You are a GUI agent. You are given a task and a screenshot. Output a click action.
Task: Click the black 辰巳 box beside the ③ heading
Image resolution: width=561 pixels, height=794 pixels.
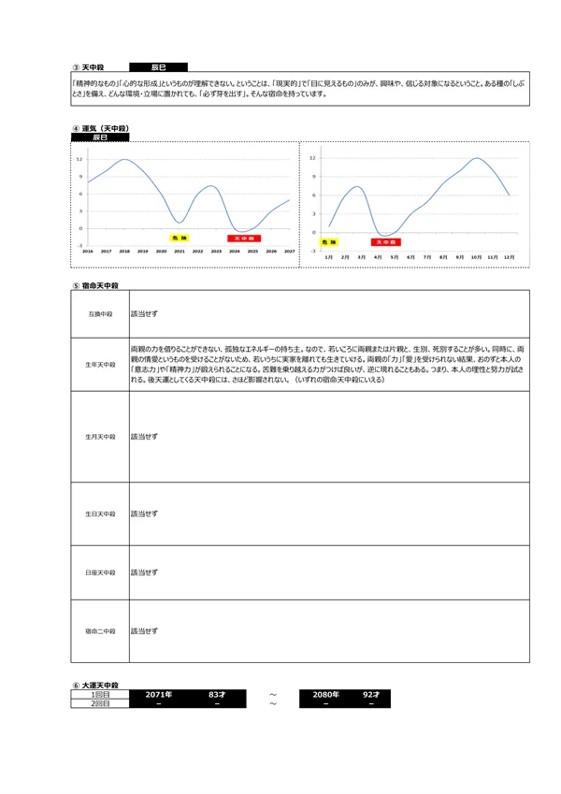point(157,67)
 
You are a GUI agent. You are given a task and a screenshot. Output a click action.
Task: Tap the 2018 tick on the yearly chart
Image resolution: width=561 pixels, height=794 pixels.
point(124,252)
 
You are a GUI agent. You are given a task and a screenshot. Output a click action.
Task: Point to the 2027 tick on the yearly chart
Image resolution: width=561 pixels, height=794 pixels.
point(289,252)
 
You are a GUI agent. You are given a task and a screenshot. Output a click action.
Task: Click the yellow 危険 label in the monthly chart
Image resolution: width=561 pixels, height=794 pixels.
point(328,242)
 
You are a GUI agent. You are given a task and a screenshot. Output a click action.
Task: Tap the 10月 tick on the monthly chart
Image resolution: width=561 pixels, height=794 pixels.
point(476,256)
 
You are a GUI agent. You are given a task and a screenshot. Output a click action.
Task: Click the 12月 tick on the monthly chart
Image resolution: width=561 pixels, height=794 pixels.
point(509,256)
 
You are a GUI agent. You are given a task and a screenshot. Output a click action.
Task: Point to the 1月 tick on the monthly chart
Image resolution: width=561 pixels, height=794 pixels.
point(328,256)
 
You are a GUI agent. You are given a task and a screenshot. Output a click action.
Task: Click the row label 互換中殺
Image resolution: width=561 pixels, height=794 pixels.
point(100,313)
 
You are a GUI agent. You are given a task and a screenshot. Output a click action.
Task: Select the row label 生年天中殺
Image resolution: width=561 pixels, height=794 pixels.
point(100,364)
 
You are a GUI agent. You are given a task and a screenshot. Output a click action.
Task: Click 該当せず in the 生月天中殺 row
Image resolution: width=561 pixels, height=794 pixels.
point(144,436)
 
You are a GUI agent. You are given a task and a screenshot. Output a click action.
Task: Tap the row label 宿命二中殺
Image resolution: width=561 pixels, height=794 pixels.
point(100,631)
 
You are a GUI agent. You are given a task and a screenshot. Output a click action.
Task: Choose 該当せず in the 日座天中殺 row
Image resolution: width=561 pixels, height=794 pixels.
point(144,571)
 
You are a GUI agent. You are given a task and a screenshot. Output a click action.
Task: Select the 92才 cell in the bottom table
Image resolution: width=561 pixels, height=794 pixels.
point(371,695)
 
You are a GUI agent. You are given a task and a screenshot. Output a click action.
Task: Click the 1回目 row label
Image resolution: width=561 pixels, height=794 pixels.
point(100,695)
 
